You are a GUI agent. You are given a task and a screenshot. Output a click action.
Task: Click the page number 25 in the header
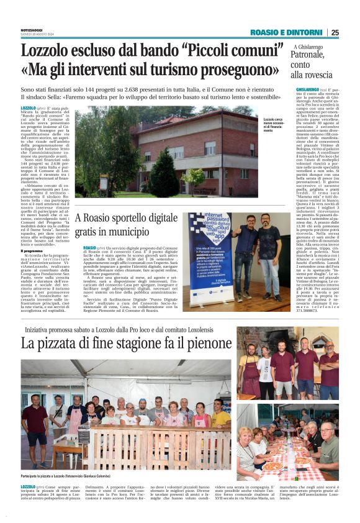(x=335, y=32)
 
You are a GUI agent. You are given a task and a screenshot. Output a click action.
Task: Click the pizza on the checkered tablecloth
(x=272, y=465)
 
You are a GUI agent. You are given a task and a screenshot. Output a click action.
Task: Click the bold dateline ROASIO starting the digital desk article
(x=89, y=247)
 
